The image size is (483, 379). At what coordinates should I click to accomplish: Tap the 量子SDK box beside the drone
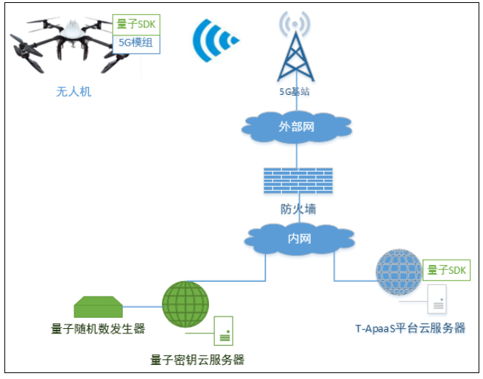pos(136,24)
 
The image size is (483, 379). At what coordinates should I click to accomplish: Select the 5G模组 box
pos(136,43)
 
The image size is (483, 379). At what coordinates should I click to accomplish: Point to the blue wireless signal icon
pos(214,40)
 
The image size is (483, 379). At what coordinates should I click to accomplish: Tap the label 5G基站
pos(295,92)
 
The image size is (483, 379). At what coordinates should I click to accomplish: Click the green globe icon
pos(186,304)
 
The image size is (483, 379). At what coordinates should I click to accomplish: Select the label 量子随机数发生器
pos(98,328)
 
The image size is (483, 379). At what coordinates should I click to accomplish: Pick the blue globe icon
pos(398,274)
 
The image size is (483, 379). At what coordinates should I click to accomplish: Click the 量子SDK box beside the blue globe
pos(447,269)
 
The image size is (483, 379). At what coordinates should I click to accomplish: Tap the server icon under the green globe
pos(223,331)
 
